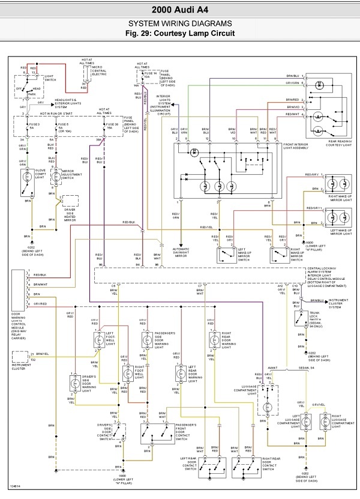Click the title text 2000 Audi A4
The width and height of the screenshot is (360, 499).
coord(180,10)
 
